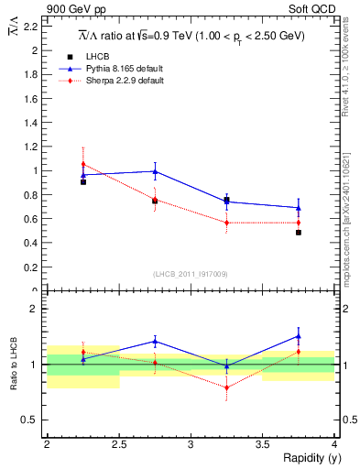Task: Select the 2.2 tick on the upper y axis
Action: [33, 27]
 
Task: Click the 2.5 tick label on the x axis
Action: [118, 443]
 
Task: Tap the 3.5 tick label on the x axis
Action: [262, 443]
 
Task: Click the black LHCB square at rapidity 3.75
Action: [299, 233]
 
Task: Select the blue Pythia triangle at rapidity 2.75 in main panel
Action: [155, 171]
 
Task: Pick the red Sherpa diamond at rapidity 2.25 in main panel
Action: [83, 164]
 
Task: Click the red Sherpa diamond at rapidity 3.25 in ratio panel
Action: [227, 387]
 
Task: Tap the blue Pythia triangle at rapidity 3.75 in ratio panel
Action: [299, 336]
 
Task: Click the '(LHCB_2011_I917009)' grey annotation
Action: [191, 273]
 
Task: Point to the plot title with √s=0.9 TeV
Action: [191, 36]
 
